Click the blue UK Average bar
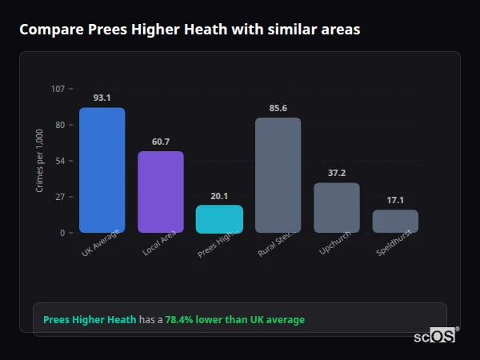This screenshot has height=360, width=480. point(102,170)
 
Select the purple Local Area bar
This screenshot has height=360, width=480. point(160,192)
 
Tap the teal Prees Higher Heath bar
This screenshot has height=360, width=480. point(219,219)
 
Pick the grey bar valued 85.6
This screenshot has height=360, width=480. point(278,175)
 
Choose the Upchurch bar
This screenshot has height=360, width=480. point(336,208)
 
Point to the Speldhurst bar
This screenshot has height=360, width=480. point(395,222)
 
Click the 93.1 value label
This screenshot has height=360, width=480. point(102,98)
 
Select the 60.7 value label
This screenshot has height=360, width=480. point(160,142)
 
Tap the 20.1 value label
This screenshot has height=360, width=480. point(219,196)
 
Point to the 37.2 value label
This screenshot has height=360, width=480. point(336,173)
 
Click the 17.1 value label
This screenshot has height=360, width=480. point(395,200)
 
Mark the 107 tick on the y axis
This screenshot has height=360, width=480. point(58,89)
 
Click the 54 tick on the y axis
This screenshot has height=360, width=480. point(60,161)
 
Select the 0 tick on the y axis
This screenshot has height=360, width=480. point(62,233)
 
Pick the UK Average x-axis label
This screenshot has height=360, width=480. point(100,243)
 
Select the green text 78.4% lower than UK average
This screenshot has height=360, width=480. point(234,320)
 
